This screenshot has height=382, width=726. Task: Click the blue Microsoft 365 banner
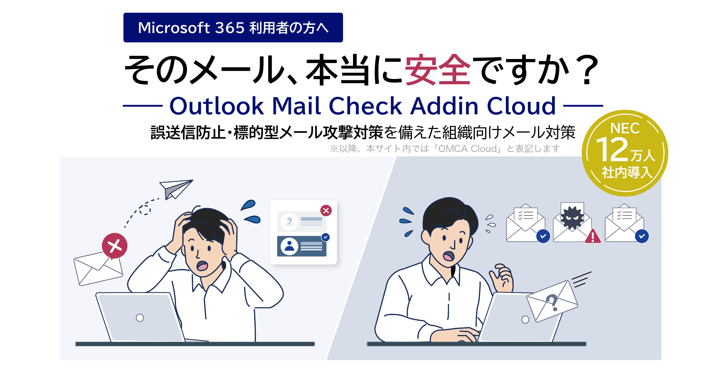pyautogui.click(x=233, y=28)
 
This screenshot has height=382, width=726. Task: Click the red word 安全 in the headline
pyautogui.click(x=437, y=70)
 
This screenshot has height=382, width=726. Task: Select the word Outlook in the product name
pyautogui.click(x=217, y=106)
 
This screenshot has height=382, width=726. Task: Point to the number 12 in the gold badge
pyautogui.click(x=612, y=150)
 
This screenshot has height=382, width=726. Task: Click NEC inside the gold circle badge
pyautogui.click(x=625, y=128)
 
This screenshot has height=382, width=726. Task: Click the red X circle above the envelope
pyautogui.click(x=115, y=246)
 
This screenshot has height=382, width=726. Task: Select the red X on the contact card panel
pyautogui.click(x=326, y=210)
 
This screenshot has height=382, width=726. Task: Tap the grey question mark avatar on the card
pyautogui.click(x=289, y=222)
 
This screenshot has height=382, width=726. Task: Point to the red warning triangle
pyautogui.click(x=593, y=236)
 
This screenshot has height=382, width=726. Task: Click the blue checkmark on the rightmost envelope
pyautogui.click(x=642, y=236)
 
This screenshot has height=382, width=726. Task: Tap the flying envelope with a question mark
pyautogui.click(x=552, y=301)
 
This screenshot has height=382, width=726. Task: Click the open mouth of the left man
pyautogui.click(x=202, y=266)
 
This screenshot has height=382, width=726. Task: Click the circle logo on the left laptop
pyautogui.click(x=140, y=318)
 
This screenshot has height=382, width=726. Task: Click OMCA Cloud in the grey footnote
pyautogui.click(x=467, y=149)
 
